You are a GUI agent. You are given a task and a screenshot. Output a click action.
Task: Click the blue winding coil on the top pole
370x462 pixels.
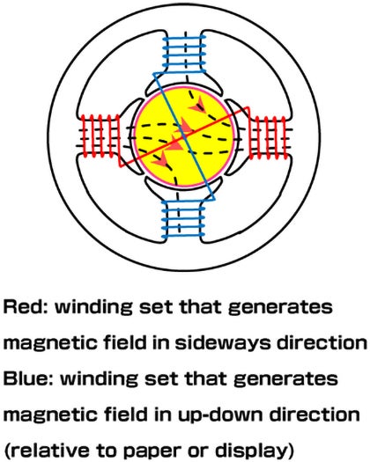coord(184,54)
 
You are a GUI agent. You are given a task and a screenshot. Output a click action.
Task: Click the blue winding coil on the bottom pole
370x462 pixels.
coord(183,219)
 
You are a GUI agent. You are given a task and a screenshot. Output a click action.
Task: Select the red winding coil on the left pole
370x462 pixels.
coord(101,136)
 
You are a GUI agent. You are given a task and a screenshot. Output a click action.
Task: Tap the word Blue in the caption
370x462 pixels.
coord(28,378)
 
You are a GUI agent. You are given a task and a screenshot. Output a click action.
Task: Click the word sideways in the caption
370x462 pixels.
coord(223,343)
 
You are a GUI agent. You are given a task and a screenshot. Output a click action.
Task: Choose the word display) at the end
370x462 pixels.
coord(255,451)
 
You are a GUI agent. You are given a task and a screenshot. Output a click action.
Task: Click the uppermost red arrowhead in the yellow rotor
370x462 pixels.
coord(197,106)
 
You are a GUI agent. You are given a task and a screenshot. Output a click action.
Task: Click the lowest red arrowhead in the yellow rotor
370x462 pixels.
coord(161,159)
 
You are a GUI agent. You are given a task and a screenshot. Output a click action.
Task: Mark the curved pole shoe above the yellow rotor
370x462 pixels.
coord(184,84)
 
